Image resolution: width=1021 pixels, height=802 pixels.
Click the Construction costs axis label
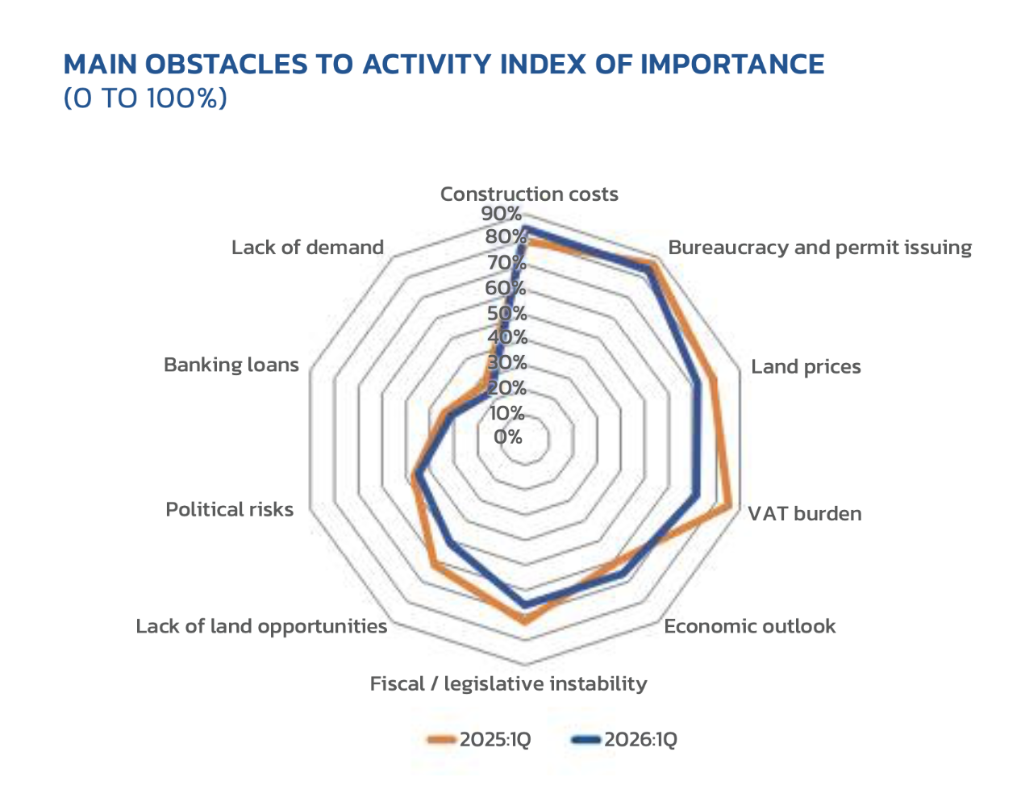pyautogui.click(x=529, y=194)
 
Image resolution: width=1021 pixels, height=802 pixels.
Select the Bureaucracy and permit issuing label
pyautogui.click(x=819, y=248)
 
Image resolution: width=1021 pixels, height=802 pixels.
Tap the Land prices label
pyautogui.click(x=806, y=367)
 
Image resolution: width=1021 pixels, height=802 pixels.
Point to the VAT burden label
pyautogui.click(x=804, y=514)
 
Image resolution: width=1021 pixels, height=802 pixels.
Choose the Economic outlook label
pyautogui.click(x=749, y=627)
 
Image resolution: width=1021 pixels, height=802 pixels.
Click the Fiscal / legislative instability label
pyautogui.click(x=508, y=684)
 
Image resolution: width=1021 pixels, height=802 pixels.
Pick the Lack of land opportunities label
pyautogui.click(x=261, y=627)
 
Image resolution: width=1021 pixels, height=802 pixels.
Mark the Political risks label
pyautogui.click(x=229, y=510)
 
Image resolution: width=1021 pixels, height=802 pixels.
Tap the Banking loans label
pyautogui.click(x=231, y=365)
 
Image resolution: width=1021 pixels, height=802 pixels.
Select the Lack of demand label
pyautogui.click(x=307, y=248)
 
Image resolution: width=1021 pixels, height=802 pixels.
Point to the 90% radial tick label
pyautogui.click(x=501, y=214)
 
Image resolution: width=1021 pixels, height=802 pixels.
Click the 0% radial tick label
pyautogui.click(x=508, y=437)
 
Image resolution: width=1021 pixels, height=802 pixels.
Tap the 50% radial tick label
pyautogui.click(x=506, y=313)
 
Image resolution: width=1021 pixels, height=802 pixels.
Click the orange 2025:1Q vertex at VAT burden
pyautogui.click(x=730, y=506)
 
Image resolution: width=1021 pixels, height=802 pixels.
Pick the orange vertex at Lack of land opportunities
pyautogui.click(x=434, y=565)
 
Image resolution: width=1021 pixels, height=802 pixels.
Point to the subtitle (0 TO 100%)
pyautogui.click(x=145, y=98)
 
